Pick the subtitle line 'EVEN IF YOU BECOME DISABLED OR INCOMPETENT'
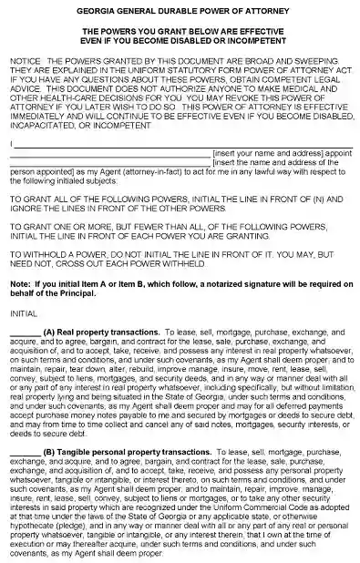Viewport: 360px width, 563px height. tap(179, 39)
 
